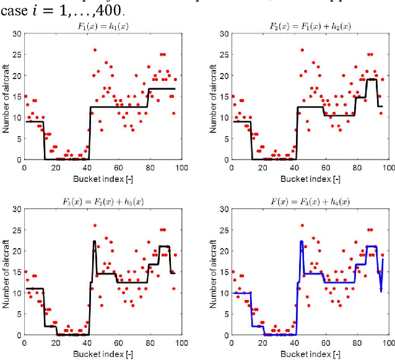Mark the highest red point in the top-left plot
95,49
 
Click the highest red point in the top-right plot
302,49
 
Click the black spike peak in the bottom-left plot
94,241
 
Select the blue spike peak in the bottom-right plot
302,241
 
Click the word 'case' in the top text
13,11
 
